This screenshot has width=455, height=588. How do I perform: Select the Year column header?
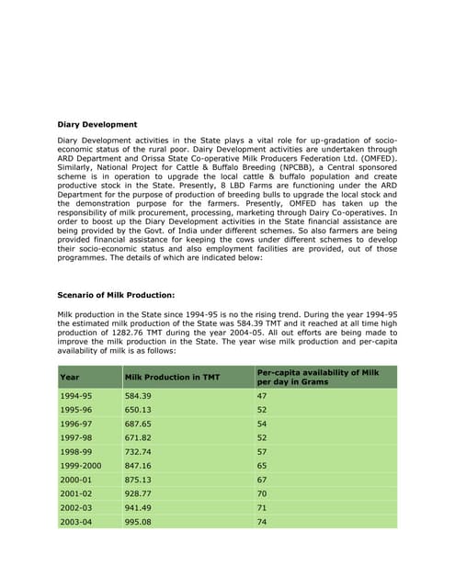click(69, 377)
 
